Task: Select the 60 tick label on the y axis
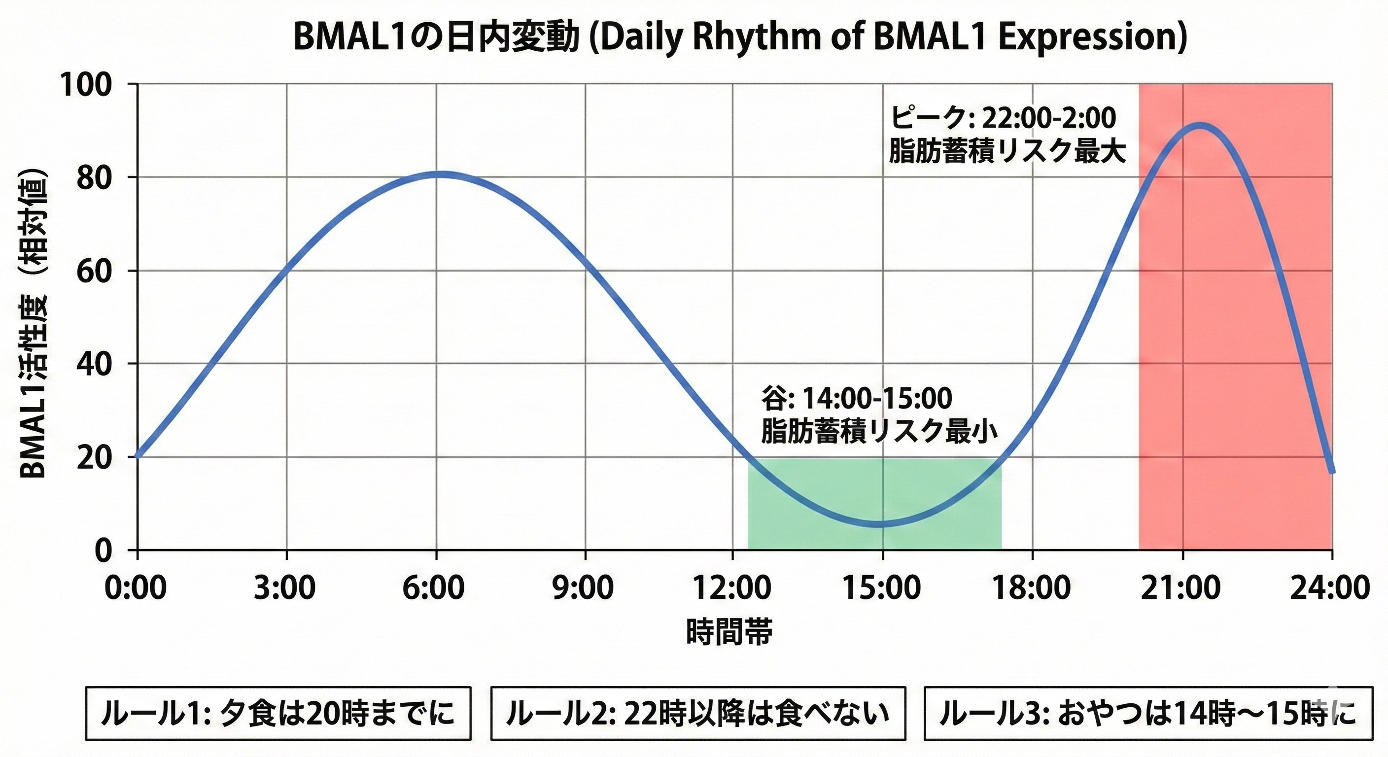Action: coord(94,271)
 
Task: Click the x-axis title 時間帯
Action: coord(729,631)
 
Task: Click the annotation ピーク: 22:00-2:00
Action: coord(1002,117)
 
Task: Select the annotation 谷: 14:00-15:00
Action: coord(857,398)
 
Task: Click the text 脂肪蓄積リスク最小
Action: coord(879,432)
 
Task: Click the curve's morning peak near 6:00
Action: coord(441,174)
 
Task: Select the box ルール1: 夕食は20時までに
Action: coord(278,713)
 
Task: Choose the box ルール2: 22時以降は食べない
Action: coord(698,713)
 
